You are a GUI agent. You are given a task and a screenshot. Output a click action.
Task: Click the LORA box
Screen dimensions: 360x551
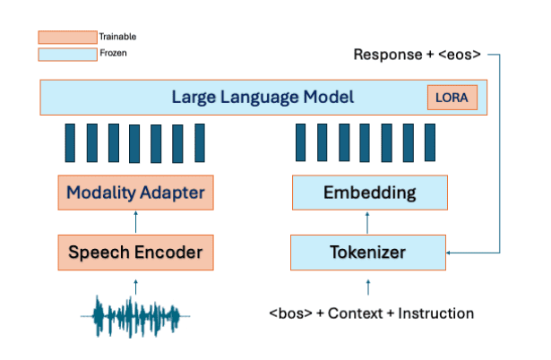pos(452,98)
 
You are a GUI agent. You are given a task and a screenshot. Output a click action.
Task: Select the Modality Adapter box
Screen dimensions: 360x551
pos(136,192)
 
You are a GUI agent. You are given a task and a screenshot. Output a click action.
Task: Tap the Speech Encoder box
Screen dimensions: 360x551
pos(136,252)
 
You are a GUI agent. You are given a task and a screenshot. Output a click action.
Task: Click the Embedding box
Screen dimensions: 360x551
pos(369,192)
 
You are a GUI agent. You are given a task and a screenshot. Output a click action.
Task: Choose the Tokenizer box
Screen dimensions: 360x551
pos(369,252)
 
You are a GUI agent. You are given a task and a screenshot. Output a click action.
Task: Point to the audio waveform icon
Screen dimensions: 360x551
pos(136,314)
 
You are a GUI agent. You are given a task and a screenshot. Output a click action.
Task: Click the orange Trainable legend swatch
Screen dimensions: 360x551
pos(67,37)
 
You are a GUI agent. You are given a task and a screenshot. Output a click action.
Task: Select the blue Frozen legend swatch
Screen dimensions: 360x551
pos(67,55)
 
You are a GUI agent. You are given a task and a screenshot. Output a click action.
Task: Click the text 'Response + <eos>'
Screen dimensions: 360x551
pos(418,55)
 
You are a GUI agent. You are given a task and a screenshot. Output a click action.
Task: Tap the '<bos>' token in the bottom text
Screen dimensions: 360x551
pos(288,313)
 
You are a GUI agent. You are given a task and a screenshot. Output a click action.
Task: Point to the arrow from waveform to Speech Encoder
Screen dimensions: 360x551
pos(136,285)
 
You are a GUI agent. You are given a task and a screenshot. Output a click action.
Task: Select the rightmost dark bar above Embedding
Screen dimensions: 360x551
pos(433,142)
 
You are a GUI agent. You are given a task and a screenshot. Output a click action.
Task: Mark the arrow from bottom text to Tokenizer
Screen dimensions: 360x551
pos(369,286)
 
